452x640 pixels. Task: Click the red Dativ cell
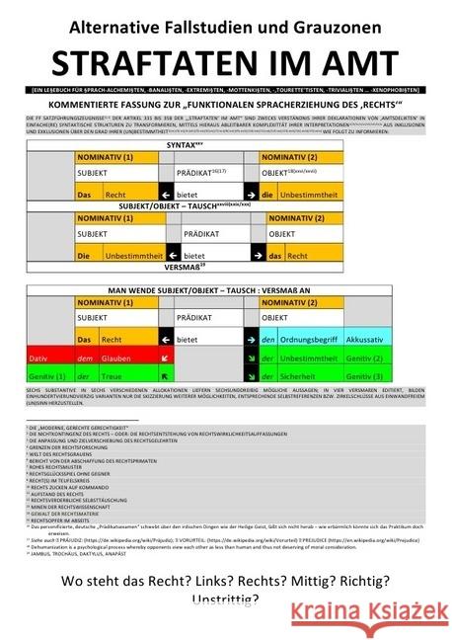pos(38,358)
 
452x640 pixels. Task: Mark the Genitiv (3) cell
pos(365,375)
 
